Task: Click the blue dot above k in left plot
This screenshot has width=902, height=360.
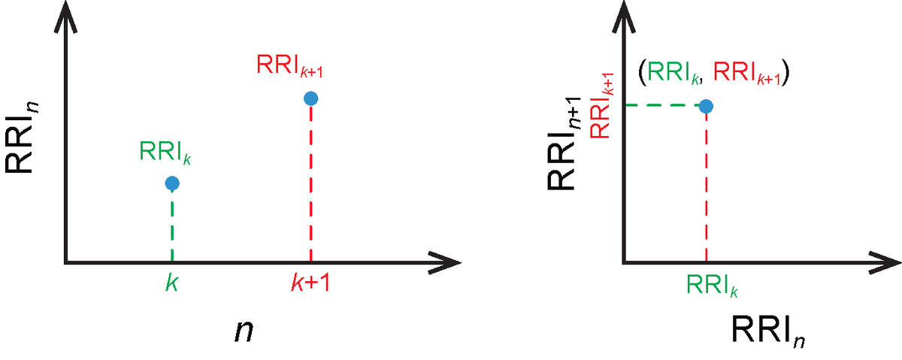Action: (172, 183)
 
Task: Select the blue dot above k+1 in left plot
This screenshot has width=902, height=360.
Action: (311, 98)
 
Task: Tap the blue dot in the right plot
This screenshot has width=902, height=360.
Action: (706, 106)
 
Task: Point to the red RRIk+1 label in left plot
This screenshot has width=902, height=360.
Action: (289, 65)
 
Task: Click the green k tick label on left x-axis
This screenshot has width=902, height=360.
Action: (172, 283)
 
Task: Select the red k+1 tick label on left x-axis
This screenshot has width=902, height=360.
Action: (310, 283)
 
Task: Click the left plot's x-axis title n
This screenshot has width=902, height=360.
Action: (244, 331)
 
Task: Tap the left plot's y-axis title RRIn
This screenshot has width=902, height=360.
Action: (21, 138)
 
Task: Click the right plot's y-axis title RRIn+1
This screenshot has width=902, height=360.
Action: (564, 144)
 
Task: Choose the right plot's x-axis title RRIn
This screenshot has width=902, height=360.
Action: (767, 331)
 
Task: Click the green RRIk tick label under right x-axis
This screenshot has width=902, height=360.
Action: (712, 286)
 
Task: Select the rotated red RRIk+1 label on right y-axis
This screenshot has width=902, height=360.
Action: (601, 105)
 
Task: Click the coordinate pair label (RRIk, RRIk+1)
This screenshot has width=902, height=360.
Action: (713, 74)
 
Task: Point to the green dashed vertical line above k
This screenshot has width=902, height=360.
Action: (172, 226)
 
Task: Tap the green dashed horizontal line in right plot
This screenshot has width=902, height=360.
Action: (662, 106)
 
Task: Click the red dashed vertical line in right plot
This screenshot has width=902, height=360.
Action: (707, 188)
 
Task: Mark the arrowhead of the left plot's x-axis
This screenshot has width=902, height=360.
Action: (445, 263)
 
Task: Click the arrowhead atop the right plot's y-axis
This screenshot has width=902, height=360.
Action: (624, 16)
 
